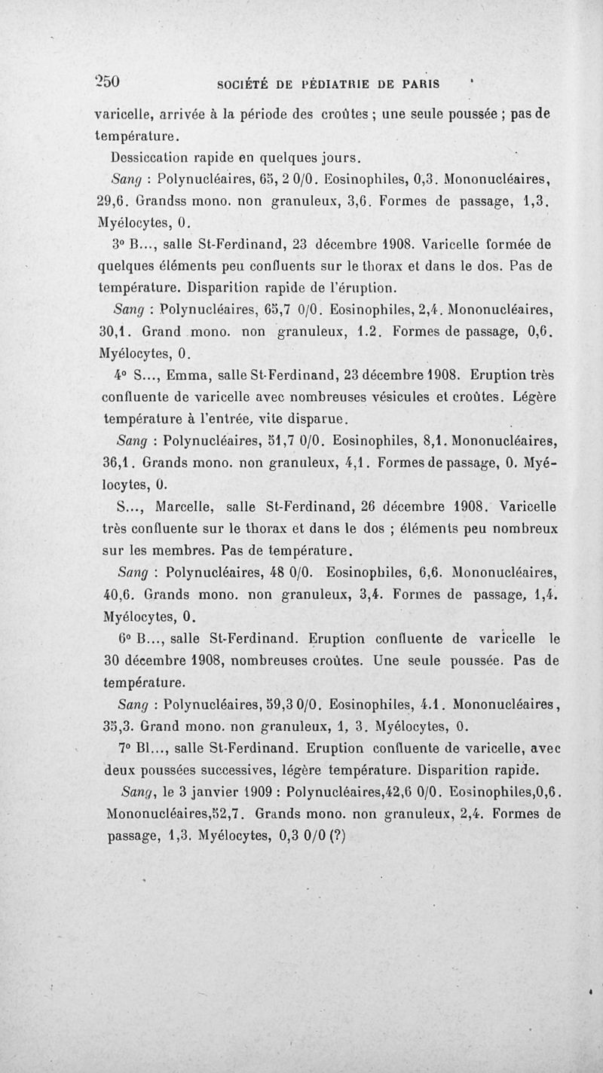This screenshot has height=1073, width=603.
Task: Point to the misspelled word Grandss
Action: click(x=166, y=202)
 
